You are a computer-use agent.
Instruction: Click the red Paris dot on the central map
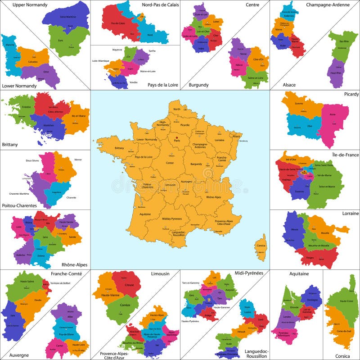click(177, 138)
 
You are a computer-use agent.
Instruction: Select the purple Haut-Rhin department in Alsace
click(334, 72)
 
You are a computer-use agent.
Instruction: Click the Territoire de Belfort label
click(61, 283)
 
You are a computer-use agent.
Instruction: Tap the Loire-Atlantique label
click(101, 60)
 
